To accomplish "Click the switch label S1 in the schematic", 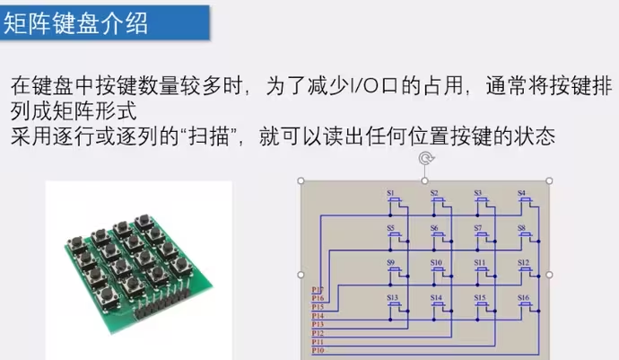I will click(x=391, y=193).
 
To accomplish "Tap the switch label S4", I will click(x=521, y=193).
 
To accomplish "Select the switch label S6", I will click(x=435, y=228).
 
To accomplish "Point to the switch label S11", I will click(x=480, y=263).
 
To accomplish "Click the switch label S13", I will click(x=392, y=297).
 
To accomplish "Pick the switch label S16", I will click(x=523, y=297).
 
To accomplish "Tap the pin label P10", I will click(x=318, y=350).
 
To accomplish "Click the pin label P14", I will click(x=318, y=316).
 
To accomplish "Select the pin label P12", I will click(x=318, y=333).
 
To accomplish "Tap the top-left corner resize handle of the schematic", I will click(x=300, y=180).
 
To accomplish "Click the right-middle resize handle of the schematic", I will click(x=549, y=275).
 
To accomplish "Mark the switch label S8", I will click(x=521, y=228).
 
